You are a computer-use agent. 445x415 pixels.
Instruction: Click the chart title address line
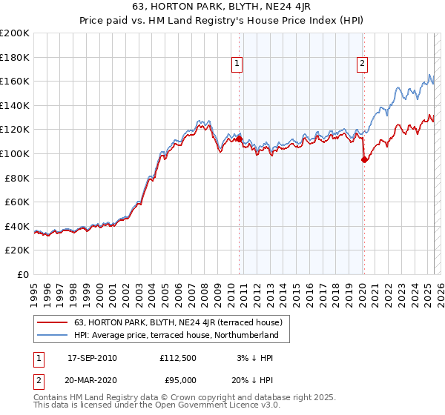222,9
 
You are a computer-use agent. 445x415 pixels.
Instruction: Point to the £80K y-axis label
17,178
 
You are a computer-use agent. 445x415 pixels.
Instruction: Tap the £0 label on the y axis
23,274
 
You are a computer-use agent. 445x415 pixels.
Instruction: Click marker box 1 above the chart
237,64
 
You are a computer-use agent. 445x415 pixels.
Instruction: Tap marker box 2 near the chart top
363,64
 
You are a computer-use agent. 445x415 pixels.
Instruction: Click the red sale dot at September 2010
240,139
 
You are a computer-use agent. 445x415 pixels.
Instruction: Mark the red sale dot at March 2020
364,159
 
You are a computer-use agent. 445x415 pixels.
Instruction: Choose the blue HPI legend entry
176,336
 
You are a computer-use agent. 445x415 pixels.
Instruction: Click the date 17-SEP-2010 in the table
92,358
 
